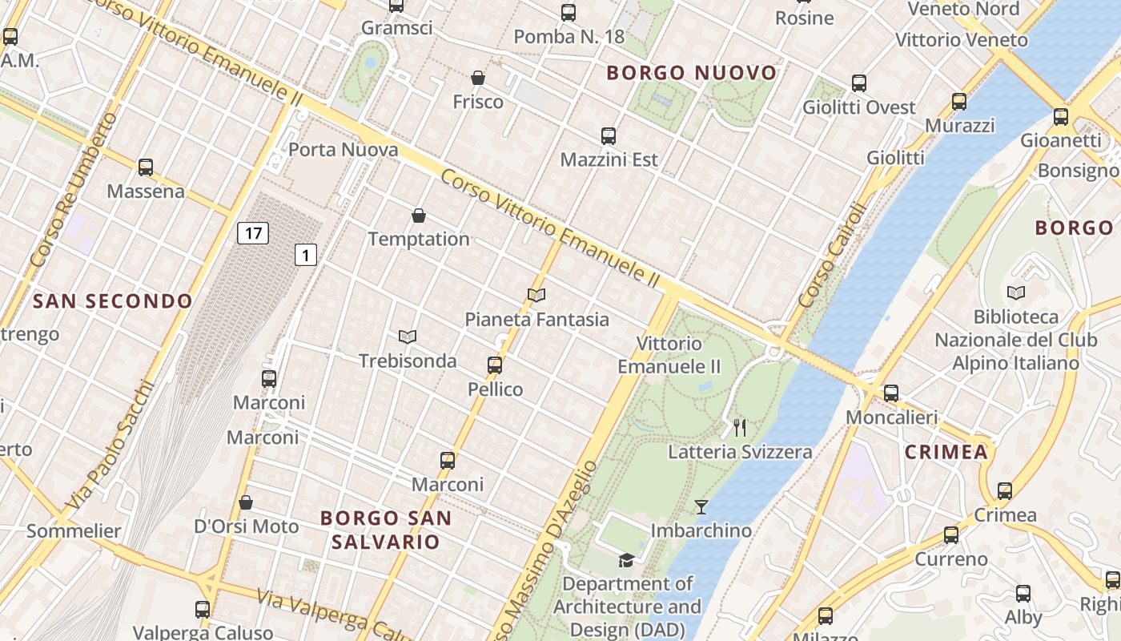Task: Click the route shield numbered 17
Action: pyautogui.click(x=253, y=233)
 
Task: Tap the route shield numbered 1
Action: pyautogui.click(x=306, y=255)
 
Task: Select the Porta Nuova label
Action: pyautogui.click(x=343, y=150)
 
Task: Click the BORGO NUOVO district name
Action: pyautogui.click(x=692, y=73)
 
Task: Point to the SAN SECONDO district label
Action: pyautogui.click(x=113, y=301)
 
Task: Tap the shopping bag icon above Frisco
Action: pyautogui.click(x=478, y=78)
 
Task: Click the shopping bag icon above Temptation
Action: pyautogui.click(x=419, y=216)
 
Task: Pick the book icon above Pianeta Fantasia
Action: pyautogui.click(x=536, y=296)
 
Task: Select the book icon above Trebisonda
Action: pyautogui.click(x=408, y=337)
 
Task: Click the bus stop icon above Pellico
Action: pyautogui.click(x=495, y=365)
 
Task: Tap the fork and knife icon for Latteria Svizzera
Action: pyautogui.click(x=740, y=428)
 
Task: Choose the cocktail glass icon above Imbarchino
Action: pyautogui.click(x=701, y=506)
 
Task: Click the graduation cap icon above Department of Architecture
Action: pyautogui.click(x=626, y=560)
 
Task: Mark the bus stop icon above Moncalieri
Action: pyautogui.click(x=891, y=393)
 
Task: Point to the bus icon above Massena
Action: pyautogui.click(x=146, y=167)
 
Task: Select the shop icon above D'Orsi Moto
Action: pyautogui.click(x=246, y=502)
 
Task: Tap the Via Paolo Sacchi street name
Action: pyautogui.click(x=110, y=445)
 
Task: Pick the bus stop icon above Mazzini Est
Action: pyautogui.click(x=609, y=136)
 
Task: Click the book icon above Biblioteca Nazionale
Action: pyautogui.click(x=1016, y=293)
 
